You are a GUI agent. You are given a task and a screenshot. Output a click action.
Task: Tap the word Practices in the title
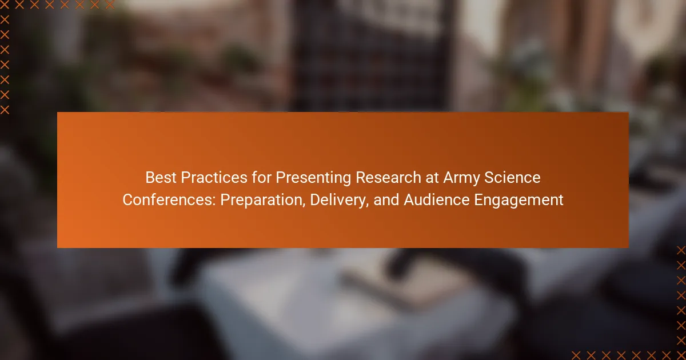pyautogui.click(x=214, y=178)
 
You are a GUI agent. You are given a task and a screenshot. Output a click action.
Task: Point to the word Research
pyautogui.click(x=388, y=178)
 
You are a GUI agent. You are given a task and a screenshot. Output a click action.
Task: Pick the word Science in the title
pyautogui.click(x=512, y=178)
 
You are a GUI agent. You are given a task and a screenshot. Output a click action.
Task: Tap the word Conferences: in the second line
pyautogui.click(x=169, y=199)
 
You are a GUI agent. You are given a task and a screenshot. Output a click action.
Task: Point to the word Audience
pyautogui.click(x=437, y=199)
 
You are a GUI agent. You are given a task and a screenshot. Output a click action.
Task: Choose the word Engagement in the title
pyautogui.click(x=519, y=201)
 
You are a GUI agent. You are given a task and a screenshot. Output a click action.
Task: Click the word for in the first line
pyautogui.click(x=262, y=178)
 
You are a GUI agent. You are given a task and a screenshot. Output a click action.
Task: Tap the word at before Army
pyautogui.click(x=432, y=178)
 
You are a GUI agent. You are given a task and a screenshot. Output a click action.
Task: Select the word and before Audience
pyautogui.click(x=386, y=199)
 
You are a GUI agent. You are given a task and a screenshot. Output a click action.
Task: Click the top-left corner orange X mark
pyautogui.click(x=5, y=5)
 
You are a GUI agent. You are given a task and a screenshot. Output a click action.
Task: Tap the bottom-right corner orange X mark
pyautogui.click(x=681, y=355)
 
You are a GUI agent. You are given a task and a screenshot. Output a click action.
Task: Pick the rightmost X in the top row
pyautogui.click(x=110, y=5)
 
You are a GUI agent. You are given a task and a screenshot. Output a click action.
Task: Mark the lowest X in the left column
pyautogui.click(x=5, y=110)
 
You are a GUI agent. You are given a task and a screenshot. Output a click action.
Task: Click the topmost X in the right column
pyautogui.click(x=681, y=250)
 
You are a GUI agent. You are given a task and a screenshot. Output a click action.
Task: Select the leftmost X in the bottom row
pyautogui.click(x=576, y=355)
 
